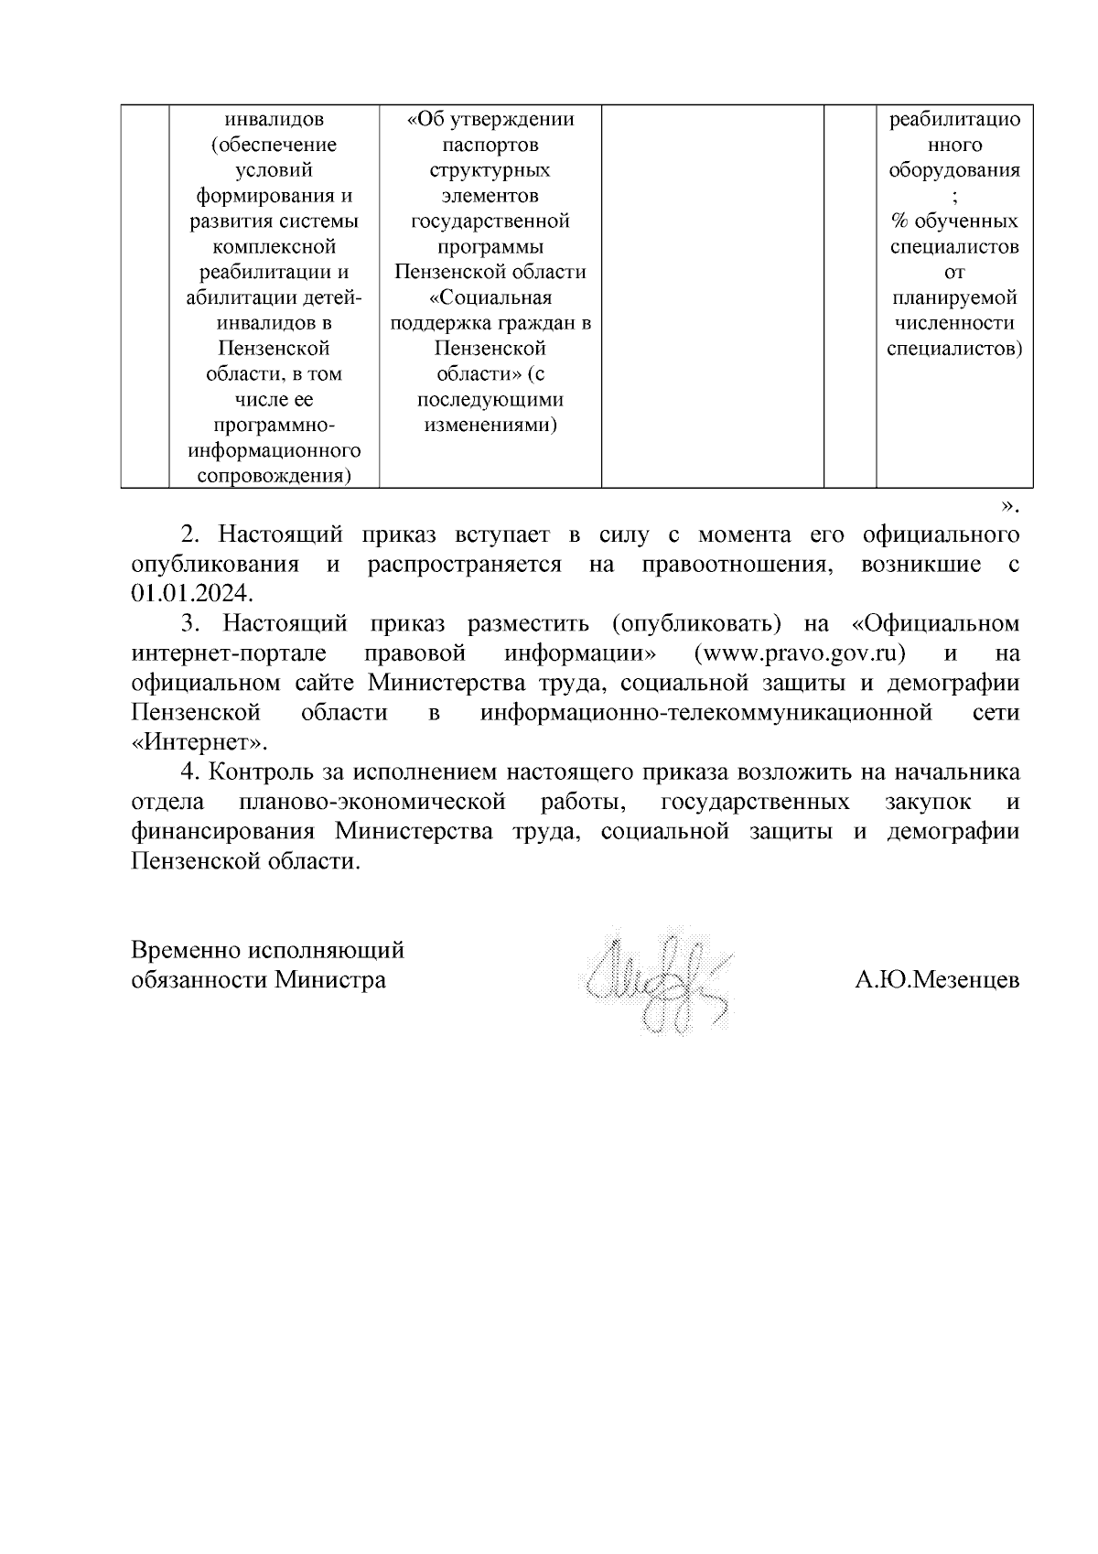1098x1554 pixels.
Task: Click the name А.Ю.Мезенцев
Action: [936, 980]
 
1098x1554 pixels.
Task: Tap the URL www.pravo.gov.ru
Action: [800, 653]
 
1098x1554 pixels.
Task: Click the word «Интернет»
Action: [200, 742]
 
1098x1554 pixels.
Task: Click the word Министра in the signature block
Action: [331, 980]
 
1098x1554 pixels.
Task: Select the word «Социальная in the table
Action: [490, 297]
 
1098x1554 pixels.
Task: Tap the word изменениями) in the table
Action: [490, 425]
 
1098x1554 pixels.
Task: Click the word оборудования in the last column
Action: [954, 170]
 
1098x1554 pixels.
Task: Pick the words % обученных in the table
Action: [954, 221]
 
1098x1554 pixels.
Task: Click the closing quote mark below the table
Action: [1008, 506]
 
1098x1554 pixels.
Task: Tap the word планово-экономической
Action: [371, 802]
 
